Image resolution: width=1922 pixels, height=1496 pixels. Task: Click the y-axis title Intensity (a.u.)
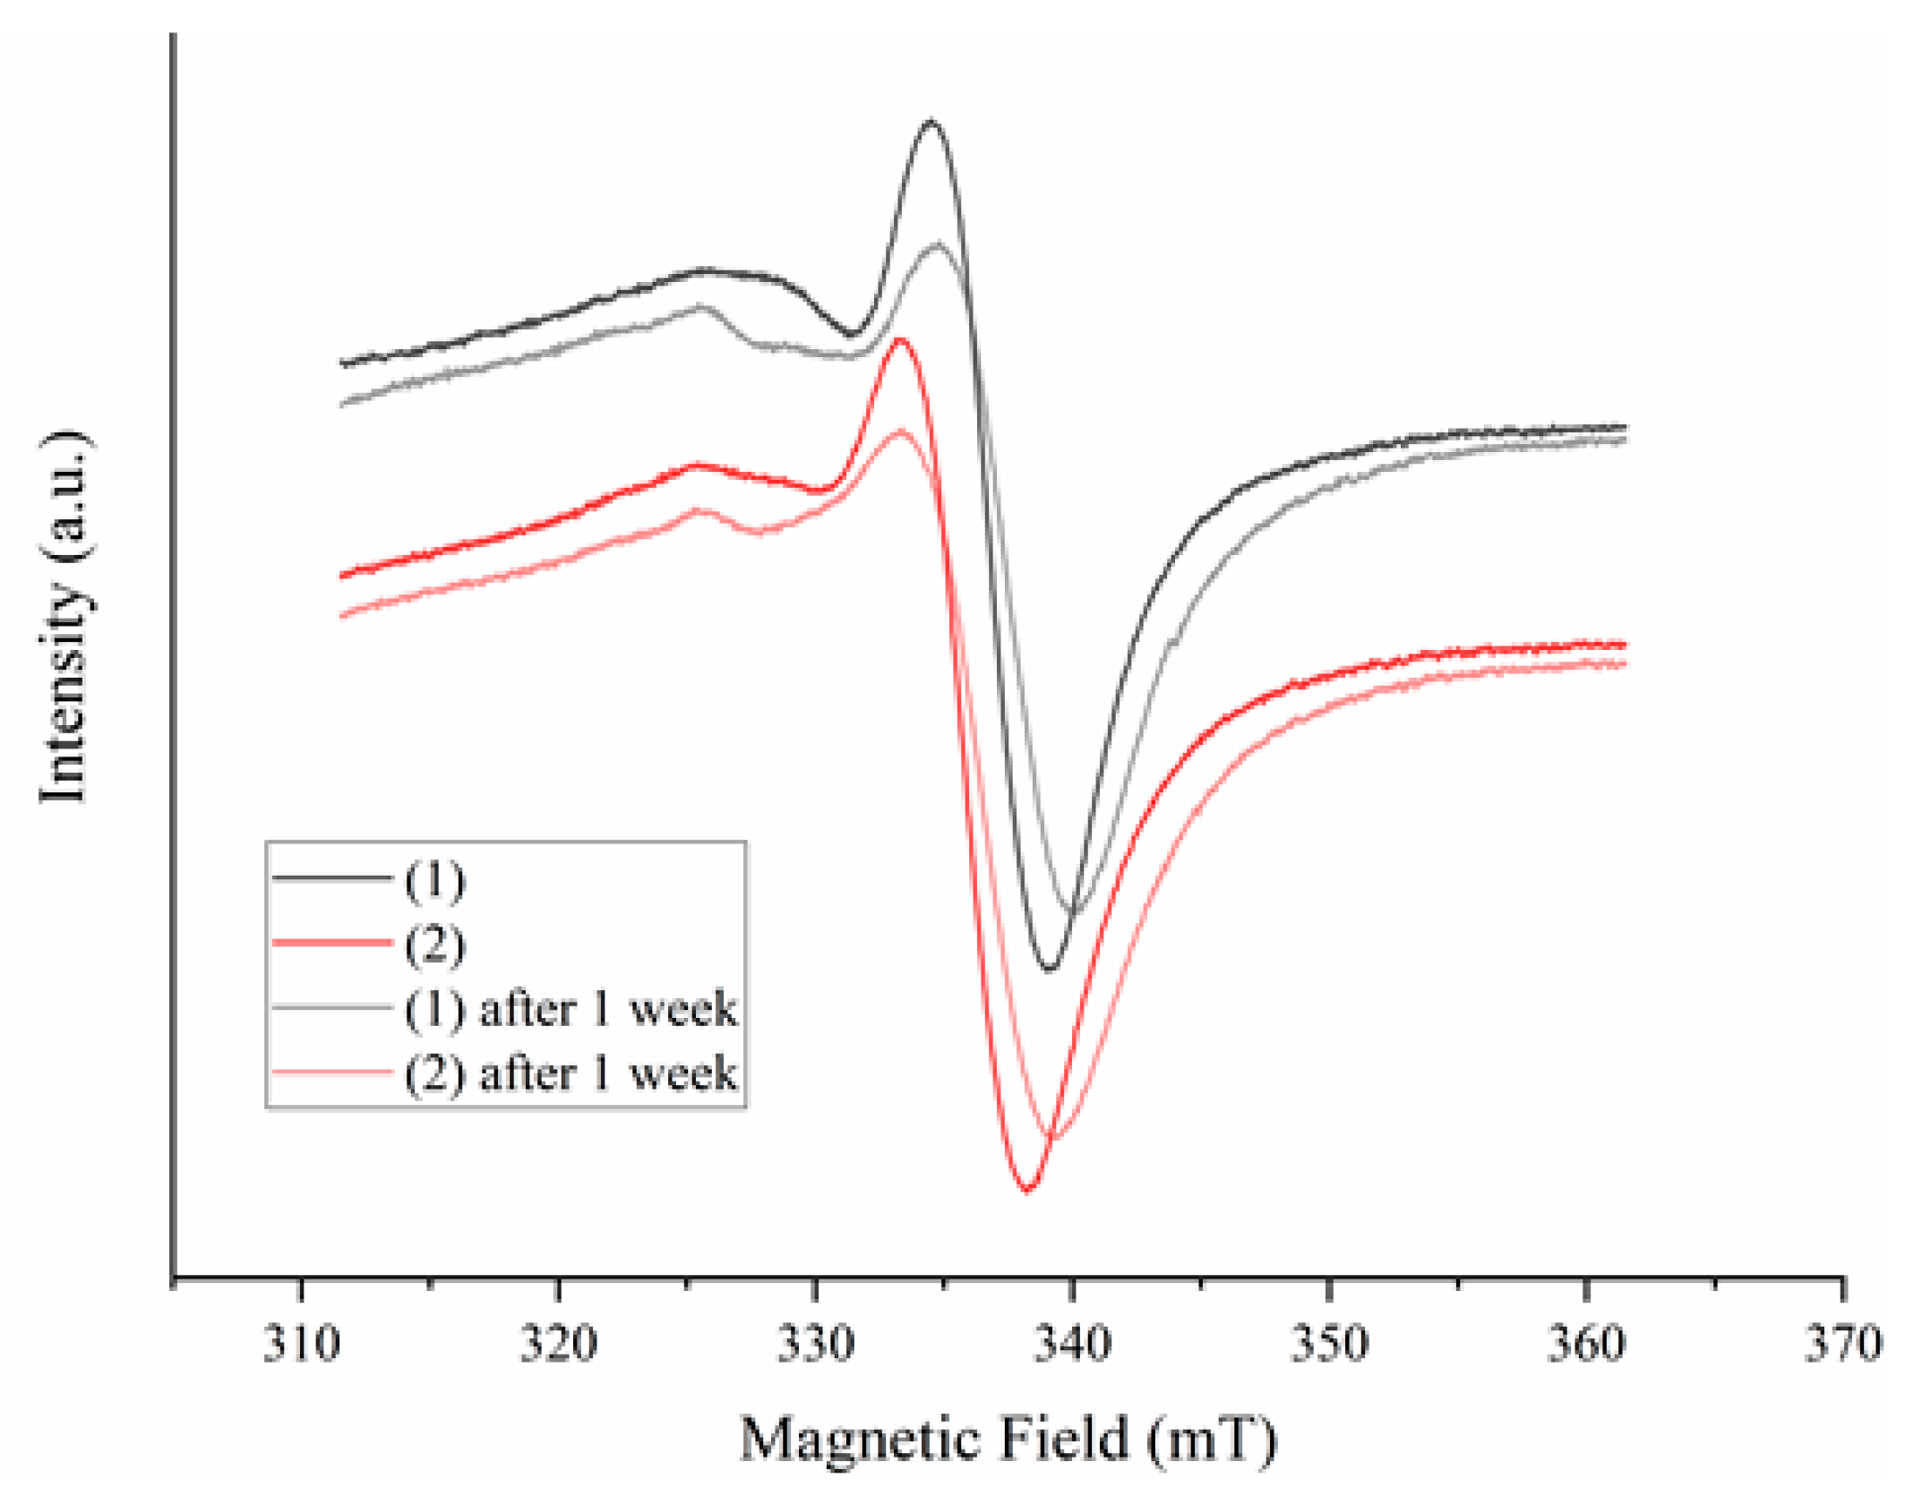tap(64, 618)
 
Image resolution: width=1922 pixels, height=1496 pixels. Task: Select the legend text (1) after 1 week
tap(571, 1009)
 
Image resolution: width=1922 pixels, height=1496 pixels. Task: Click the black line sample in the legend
tap(332, 878)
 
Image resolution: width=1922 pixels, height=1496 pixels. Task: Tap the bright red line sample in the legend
tap(332, 943)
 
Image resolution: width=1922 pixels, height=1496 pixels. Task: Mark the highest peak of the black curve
tap(931, 121)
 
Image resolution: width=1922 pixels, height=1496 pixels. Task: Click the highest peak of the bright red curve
tap(899, 339)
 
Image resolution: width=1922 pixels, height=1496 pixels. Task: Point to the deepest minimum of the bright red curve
tap(1027, 1190)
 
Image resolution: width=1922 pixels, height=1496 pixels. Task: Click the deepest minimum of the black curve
tap(1050, 969)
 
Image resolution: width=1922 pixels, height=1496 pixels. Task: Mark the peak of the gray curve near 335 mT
tap(939, 244)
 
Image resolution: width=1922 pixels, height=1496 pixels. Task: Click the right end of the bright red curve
tap(1624, 645)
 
